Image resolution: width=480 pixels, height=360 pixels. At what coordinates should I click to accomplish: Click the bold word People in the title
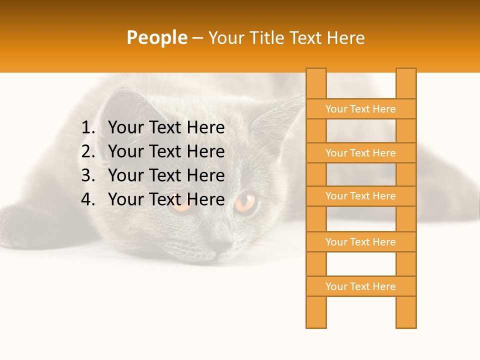tap(156, 37)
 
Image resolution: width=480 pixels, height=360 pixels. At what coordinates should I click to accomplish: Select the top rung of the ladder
tap(360, 109)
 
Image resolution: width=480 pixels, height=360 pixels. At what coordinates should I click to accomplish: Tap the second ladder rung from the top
tap(360, 153)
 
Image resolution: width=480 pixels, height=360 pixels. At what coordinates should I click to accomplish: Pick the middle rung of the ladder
tap(360, 196)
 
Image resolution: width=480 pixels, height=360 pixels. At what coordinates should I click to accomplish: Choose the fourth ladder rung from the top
tap(360, 242)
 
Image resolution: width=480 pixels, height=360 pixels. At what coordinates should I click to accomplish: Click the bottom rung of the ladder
tap(360, 286)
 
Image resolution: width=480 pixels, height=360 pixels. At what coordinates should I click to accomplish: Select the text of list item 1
tap(166, 128)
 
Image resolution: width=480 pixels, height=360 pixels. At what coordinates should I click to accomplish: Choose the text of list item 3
tap(166, 175)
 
